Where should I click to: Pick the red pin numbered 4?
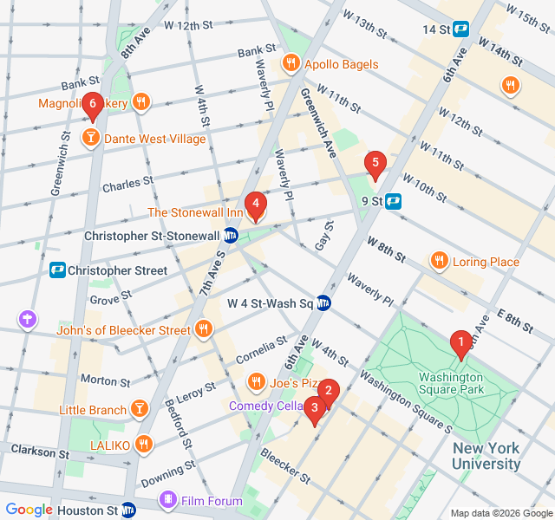click(x=255, y=205)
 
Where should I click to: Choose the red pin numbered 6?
click(x=93, y=105)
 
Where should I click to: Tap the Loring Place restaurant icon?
click(x=440, y=262)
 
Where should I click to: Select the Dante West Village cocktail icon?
click(x=90, y=138)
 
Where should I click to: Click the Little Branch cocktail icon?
click(x=139, y=410)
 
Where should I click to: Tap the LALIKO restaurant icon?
click(x=144, y=445)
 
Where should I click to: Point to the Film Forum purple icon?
click(x=168, y=500)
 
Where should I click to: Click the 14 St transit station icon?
click(x=460, y=29)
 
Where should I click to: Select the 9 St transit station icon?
click(x=393, y=201)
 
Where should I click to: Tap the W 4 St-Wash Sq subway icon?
click(x=323, y=303)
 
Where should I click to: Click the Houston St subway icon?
click(x=128, y=510)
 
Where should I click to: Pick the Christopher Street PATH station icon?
click(x=58, y=270)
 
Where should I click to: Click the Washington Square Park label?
click(x=451, y=384)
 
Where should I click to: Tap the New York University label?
click(x=486, y=456)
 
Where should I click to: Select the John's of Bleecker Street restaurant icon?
click(x=203, y=329)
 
